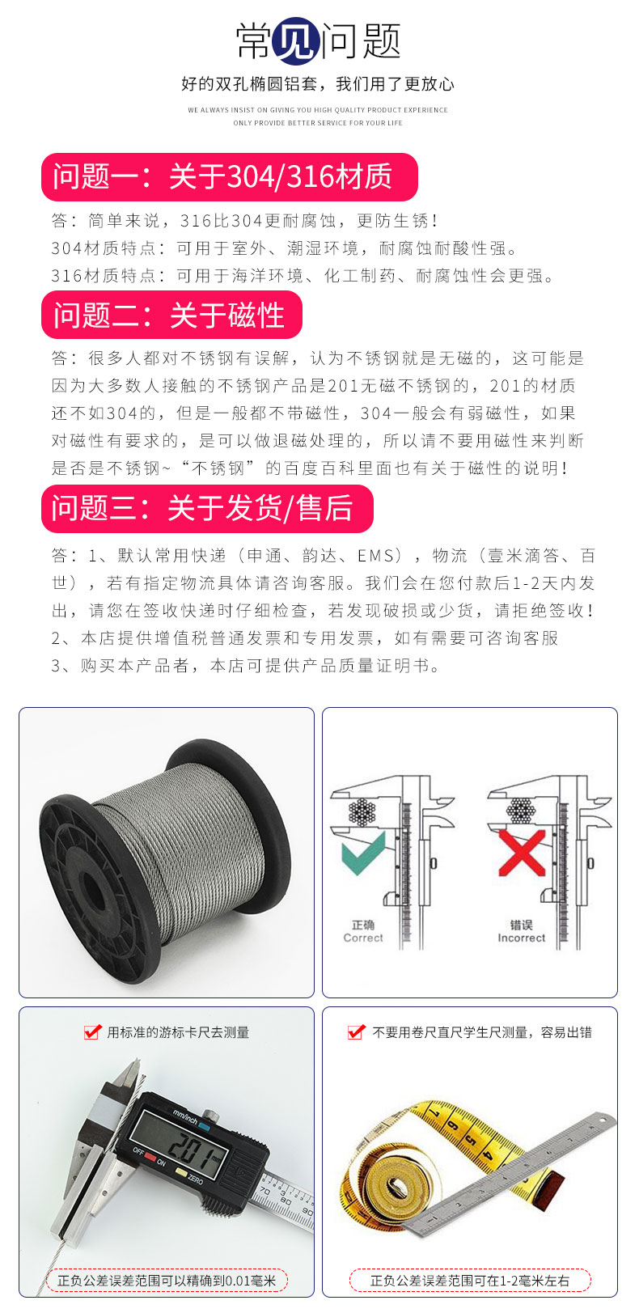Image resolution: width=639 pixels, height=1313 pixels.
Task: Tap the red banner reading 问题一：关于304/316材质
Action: pos(230,176)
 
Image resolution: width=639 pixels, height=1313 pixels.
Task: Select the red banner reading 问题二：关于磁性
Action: pos(171,315)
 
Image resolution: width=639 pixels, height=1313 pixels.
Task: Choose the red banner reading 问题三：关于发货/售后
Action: pos(207,508)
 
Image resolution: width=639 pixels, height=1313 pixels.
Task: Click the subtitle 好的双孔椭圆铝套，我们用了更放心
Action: pos(318,83)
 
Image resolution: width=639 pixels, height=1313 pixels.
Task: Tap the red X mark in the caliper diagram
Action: pos(520,852)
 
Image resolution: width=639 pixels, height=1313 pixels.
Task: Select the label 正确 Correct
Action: pos(363,931)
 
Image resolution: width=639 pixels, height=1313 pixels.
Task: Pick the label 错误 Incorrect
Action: pos(521,931)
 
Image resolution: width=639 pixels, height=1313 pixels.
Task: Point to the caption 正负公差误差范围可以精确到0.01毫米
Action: pos(166,1281)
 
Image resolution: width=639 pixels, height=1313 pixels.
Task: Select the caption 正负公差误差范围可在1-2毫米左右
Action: pos(470,1281)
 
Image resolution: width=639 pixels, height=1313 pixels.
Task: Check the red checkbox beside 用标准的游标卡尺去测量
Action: pos(92,1031)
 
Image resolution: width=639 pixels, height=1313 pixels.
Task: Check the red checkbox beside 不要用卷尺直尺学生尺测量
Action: pos(356,1031)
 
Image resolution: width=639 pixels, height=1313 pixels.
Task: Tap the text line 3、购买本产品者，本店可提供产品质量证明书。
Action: pos(246,666)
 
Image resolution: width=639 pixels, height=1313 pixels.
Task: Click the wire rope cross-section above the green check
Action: pos(363,811)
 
